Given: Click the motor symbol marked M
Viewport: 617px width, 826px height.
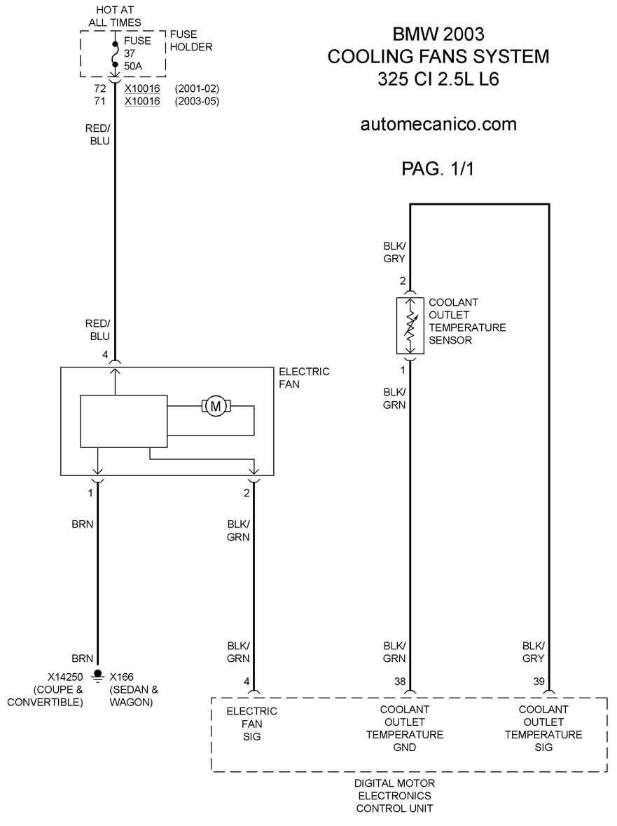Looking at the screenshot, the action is click(x=215, y=406).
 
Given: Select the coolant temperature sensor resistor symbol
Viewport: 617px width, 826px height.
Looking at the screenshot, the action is click(x=410, y=325).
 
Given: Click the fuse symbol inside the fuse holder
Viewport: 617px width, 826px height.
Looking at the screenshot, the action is click(x=115, y=53).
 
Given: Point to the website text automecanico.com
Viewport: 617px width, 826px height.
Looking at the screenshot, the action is click(x=438, y=124).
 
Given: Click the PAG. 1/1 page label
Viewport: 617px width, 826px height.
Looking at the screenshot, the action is click(x=438, y=168).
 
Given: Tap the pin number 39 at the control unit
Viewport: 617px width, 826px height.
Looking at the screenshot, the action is click(x=539, y=681).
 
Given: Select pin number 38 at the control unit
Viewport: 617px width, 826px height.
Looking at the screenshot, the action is click(x=400, y=681).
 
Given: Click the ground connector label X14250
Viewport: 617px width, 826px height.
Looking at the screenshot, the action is click(x=65, y=677).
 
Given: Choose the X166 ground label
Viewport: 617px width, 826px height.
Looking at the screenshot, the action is click(x=121, y=677).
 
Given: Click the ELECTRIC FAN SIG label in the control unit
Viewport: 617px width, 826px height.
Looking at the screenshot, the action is click(x=251, y=724).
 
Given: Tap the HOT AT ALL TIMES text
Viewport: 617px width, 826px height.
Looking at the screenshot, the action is click(x=115, y=16).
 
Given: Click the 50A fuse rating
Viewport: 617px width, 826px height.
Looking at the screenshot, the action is click(x=133, y=67).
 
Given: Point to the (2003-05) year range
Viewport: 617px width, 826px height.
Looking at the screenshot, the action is click(x=197, y=101).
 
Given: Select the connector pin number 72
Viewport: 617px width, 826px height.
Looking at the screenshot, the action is click(x=100, y=88).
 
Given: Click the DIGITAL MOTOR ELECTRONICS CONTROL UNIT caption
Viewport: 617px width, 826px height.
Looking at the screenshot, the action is click(x=394, y=795).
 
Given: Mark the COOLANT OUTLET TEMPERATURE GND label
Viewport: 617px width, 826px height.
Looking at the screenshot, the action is click(x=405, y=729).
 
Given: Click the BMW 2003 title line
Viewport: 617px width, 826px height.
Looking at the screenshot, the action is click(x=438, y=34).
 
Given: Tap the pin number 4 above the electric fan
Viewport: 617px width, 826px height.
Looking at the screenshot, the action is click(x=105, y=355).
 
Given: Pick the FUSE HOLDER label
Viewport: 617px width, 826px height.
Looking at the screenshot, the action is click(x=191, y=41).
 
